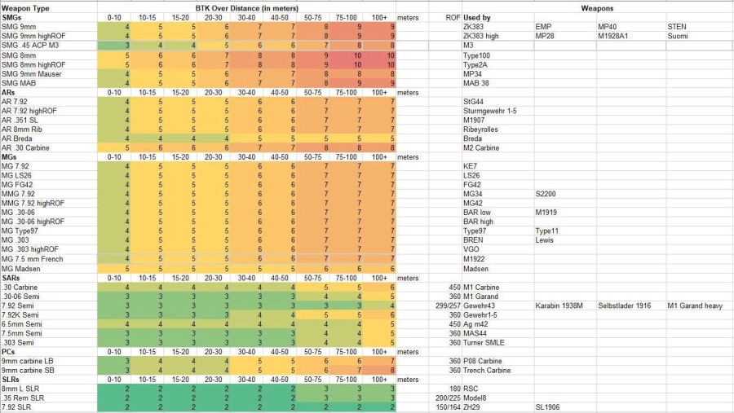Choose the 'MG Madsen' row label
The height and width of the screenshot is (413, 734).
pyautogui.click(x=22, y=269)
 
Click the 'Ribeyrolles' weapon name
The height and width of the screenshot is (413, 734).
pyautogui.click(x=482, y=129)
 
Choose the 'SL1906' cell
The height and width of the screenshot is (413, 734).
pyautogui.click(x=549, y=407)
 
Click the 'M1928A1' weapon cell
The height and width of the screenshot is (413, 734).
pyautogui.click(x=615, y=36)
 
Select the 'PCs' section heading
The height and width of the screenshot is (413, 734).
pyautogui.click(x=9, y=352)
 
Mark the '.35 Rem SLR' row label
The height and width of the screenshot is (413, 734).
pyautogui.click(x=24, y=398)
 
